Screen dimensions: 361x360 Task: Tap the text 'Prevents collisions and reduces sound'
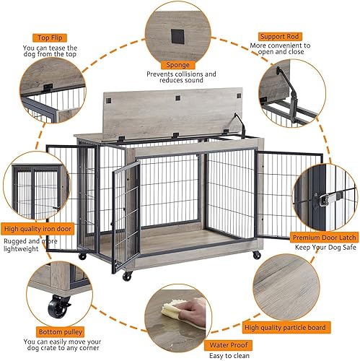[x=180, y=79]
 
